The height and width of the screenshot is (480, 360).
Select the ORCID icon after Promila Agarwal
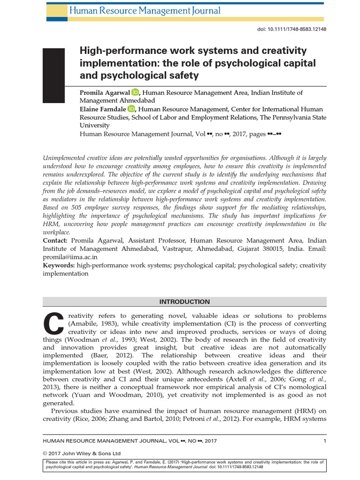(x=135, y=92)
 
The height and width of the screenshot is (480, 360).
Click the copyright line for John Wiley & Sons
(x=82, y=453)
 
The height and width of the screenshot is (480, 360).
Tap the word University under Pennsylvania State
(x=94, y=125)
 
